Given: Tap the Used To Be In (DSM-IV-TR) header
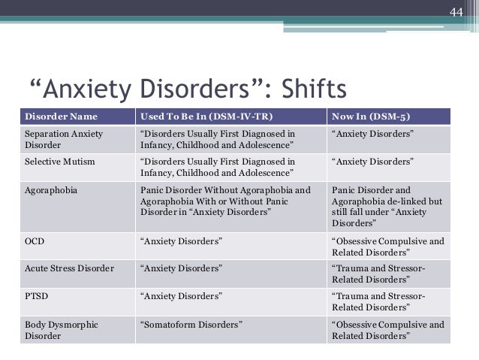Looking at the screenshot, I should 205,116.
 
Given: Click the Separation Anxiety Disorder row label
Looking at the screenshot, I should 63,139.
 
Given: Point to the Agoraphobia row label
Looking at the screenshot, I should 51,190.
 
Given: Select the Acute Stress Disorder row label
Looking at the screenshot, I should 69,268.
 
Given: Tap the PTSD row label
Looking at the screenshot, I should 37,296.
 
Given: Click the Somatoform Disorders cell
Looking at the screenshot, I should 192,325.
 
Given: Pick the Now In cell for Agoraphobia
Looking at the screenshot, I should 387,207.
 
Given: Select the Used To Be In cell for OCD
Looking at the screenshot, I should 181,241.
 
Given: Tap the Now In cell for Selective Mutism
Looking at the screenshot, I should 372,161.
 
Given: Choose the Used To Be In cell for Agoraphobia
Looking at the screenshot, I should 225,201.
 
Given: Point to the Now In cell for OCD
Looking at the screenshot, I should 387,247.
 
